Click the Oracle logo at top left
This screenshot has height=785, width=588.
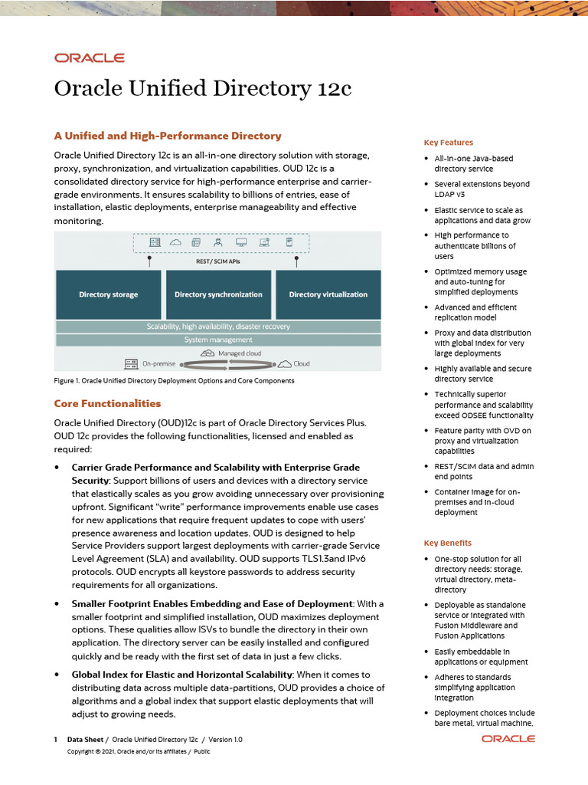click(89, 57)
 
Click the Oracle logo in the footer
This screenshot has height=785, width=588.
click(508, 739)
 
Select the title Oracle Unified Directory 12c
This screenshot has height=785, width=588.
click(202, 88)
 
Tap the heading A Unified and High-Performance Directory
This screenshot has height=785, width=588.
click(167, 136)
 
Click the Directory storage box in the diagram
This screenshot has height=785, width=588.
click(109, 294)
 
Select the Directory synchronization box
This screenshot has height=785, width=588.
click(218, 294)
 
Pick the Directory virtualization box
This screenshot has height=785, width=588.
click(328, 294)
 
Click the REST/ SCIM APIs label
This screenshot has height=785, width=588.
click(218, 260)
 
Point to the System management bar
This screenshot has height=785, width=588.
click(218, 340)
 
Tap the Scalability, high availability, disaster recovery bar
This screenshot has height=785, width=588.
click(218, 327)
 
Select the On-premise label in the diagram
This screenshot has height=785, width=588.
click(158, 363)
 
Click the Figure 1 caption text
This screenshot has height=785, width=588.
click(174, 380)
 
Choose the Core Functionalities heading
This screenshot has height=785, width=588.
click(107, 403)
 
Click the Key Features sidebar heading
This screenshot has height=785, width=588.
click(448, 143)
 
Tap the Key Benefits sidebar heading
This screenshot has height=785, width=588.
click(448, 543)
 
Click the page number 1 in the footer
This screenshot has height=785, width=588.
click(56, 740)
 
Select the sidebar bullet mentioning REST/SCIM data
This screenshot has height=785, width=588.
click(484, 471)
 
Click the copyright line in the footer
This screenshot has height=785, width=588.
click(139, 752)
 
